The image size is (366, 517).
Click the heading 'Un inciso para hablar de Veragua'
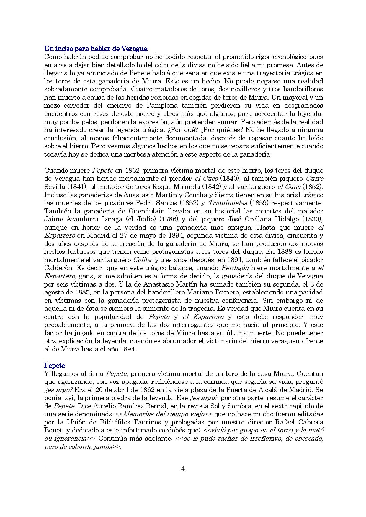click(x=96, y=49)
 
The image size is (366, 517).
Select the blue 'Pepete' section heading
click(x=55, y=365)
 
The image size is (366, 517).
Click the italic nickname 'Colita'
click(x=142, y=260)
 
